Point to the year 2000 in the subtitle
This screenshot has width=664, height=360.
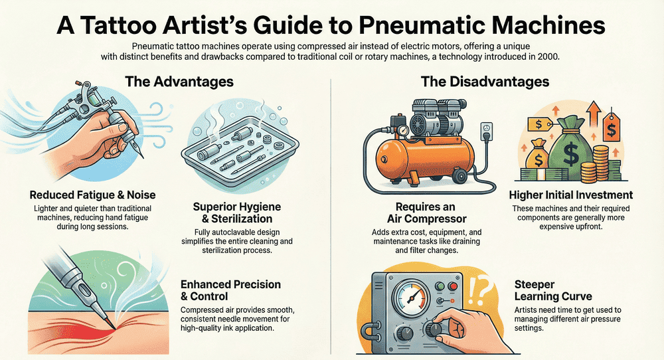click(x=549, y=56)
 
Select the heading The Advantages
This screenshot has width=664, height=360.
click(x=179, y=81)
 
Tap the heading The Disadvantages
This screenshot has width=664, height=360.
click(x=485, y=81)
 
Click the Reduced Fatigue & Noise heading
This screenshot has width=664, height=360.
click(x=93, y=195)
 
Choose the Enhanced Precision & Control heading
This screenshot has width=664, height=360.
click(x=231, y=290)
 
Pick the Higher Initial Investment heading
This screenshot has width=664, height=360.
click(x=571, y=195)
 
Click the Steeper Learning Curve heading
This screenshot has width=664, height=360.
click(x=553, y=290)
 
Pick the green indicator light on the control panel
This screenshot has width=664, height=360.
click(x=440, y=287)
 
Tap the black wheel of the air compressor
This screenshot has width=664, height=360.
click(x=458, y=175)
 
